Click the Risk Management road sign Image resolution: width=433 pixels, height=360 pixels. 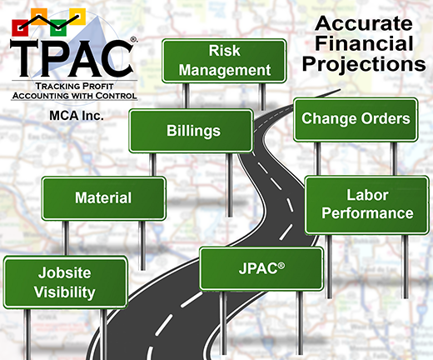[x=224, y=61]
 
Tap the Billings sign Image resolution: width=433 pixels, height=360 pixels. [x=192, y=131]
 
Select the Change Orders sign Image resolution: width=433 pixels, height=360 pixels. [x=356, y=119]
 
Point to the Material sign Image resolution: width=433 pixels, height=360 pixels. [x=104, y=198]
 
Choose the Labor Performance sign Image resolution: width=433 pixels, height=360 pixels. [x=366, y=205]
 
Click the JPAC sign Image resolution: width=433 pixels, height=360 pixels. [x=261, y=269]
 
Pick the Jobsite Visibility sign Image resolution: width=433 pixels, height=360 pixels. [x=65, y=282]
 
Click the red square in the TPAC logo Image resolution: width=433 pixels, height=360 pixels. [x=20, y=27]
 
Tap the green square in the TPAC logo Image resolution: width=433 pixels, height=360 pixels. [x=58, y=27]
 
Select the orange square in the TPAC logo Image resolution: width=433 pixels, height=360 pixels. [x=39, y=17]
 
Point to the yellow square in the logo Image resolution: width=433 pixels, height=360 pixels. [x=77, y=17]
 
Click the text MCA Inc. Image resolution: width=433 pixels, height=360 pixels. [x=77, y=116]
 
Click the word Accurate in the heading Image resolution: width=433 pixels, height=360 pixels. [x=364, y=23]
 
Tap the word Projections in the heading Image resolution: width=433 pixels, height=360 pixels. [x=364, y=65]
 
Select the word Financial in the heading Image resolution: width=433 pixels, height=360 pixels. [x=364, y=43]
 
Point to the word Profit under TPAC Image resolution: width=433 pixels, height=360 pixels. [x=95, y=86]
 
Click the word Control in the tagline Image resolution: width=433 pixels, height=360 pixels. [x=116, y=96]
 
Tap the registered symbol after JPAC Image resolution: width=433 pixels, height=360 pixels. [x=281, y=266]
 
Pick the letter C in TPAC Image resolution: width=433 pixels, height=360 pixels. [x=117, y=57]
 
